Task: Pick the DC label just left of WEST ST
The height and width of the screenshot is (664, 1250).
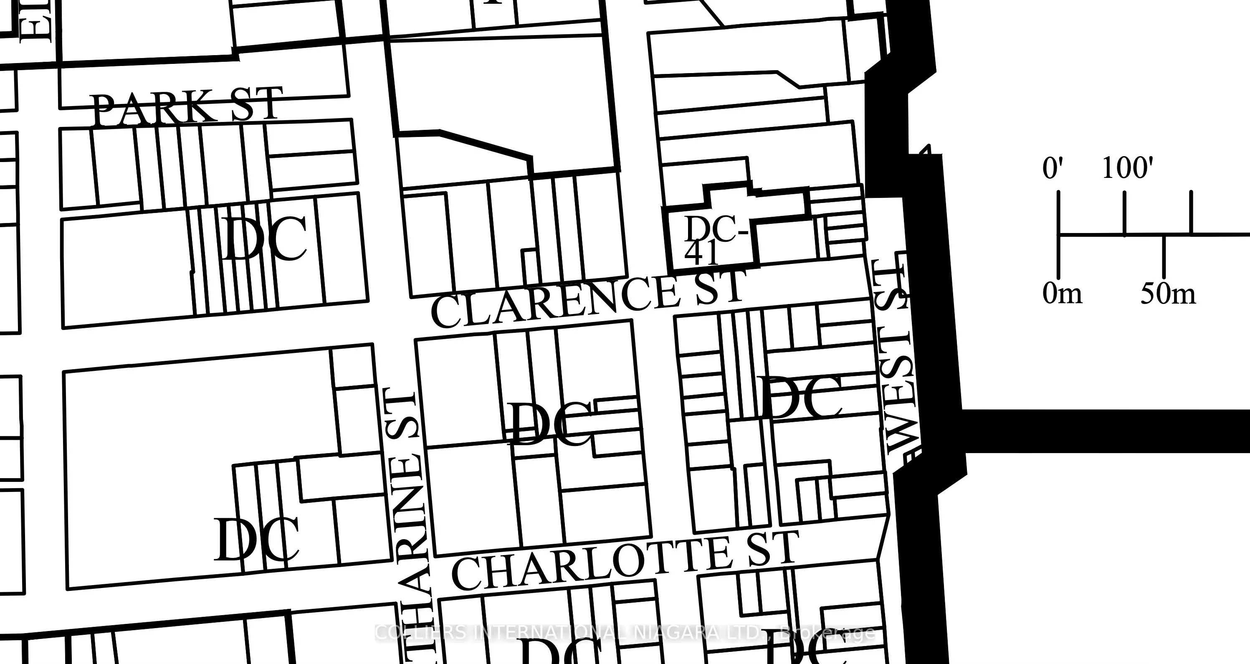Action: tap(801, 398)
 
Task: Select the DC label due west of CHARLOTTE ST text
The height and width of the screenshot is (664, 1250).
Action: tap(256, 540)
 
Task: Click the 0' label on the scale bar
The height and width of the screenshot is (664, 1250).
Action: tap(1053, 168)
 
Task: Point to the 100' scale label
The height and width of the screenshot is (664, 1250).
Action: tap(1127, 168)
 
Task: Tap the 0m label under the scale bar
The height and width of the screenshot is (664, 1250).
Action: tap(1062, 294)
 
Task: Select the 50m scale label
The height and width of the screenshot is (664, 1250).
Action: tap(1167, 294)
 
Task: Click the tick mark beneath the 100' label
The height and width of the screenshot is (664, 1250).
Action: tap(1124, 213)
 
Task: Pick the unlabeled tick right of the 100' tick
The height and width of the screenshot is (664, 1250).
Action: tap(1191, 213)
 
